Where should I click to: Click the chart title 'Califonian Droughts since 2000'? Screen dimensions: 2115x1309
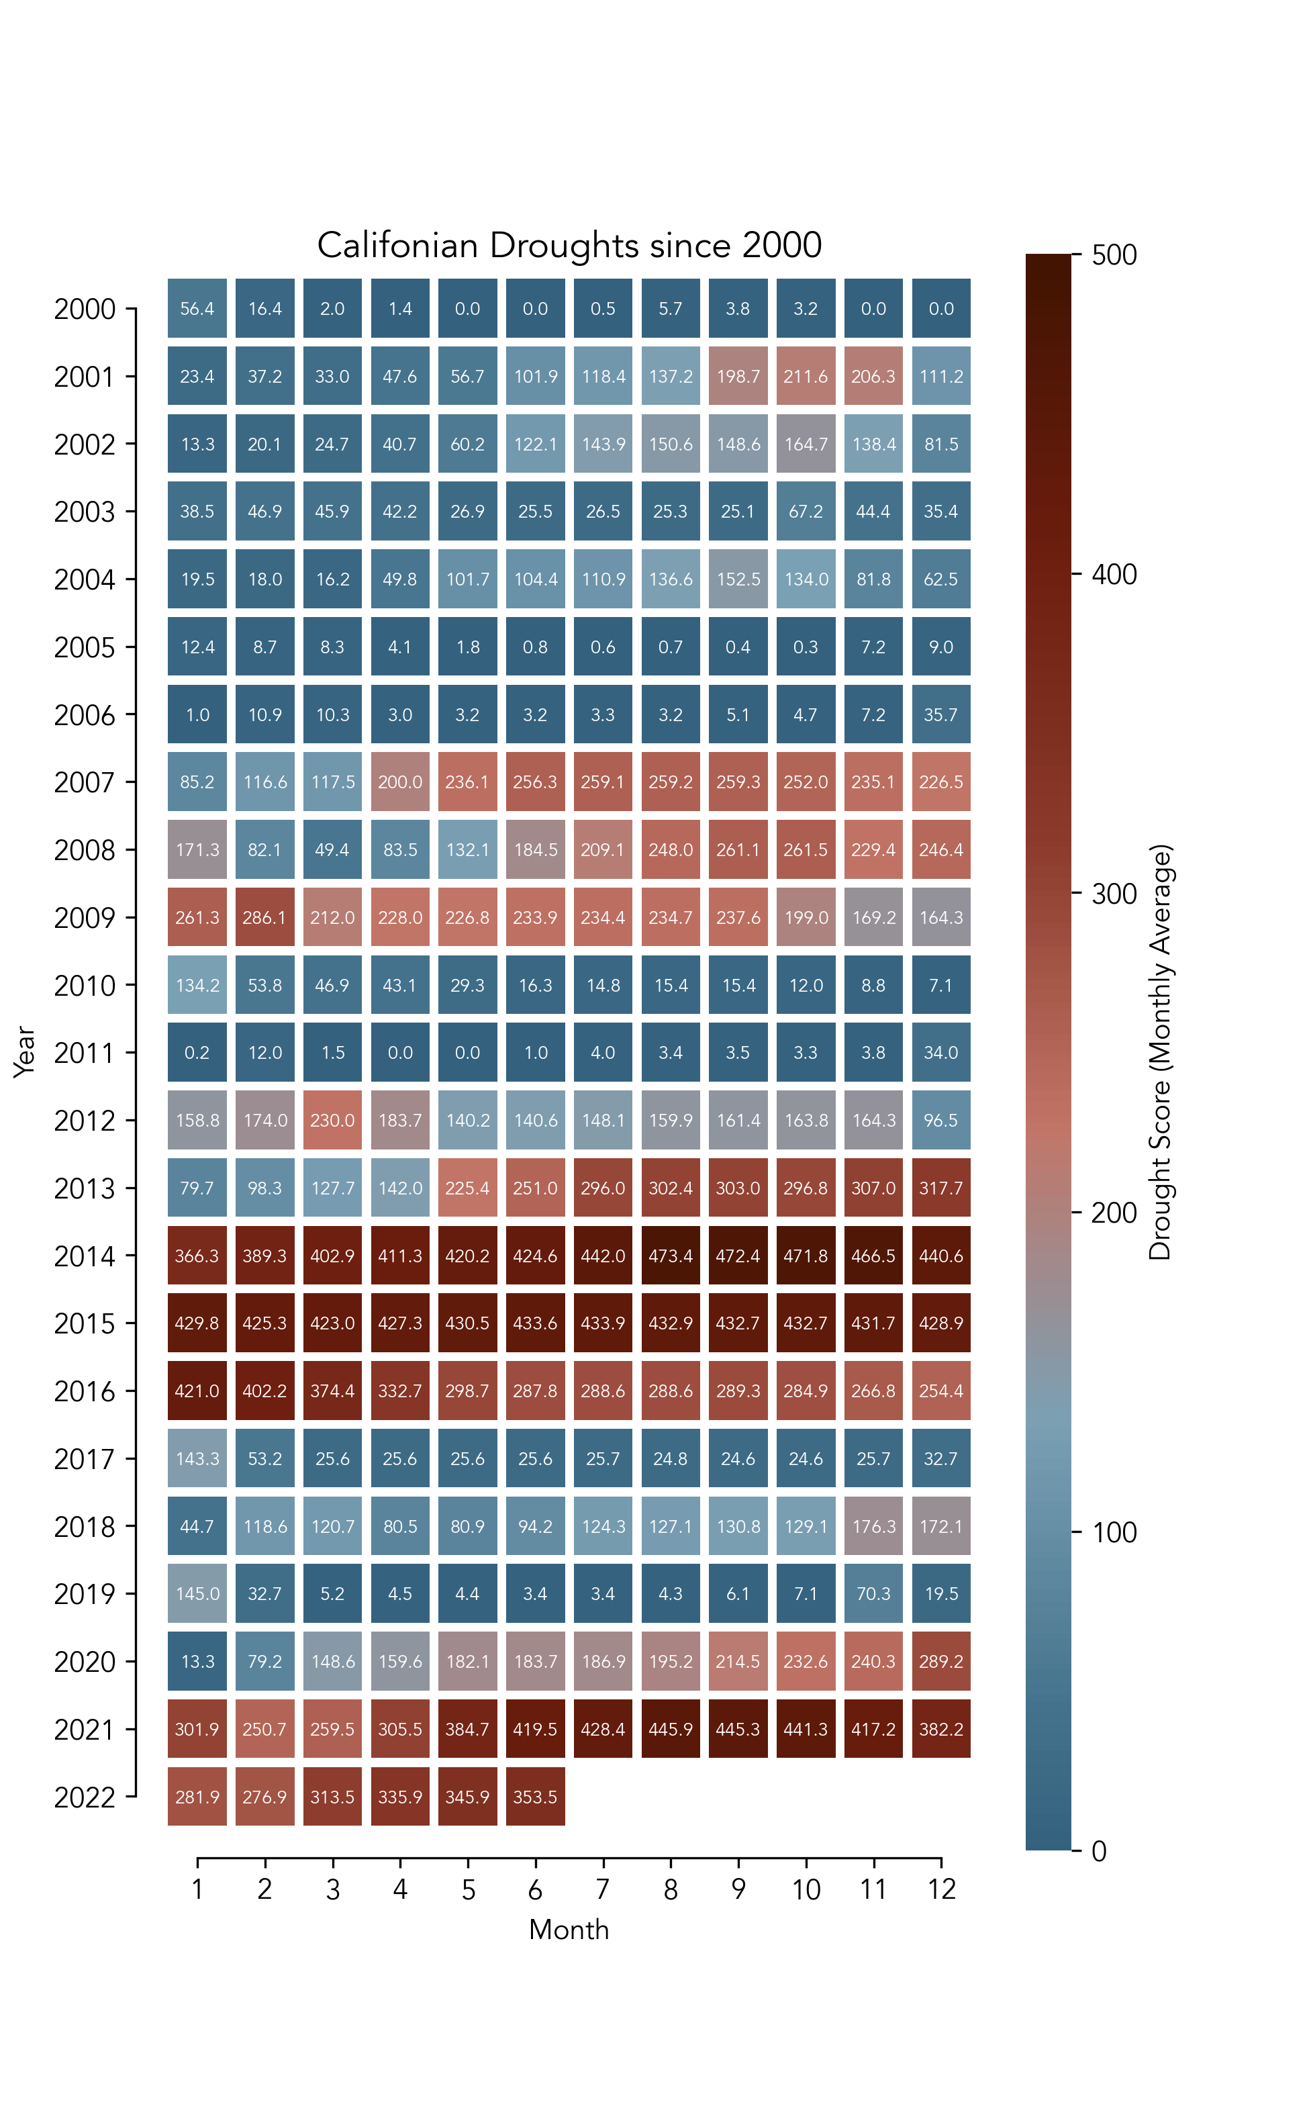[x=569, y=246]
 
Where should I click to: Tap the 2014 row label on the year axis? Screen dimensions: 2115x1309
[x=84, y=1256]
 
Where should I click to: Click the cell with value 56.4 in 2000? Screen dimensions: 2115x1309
[x=197, y=308]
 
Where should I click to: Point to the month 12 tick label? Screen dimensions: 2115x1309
[x=941, y=1889]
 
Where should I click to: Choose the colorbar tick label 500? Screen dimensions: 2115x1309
[x=1114, y=255]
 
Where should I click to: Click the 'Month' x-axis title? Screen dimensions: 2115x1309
[x=569, y=1930]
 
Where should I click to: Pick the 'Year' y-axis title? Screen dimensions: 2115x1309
[x=24, y=1052]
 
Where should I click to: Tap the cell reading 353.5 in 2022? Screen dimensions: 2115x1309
[x=535, y=1797]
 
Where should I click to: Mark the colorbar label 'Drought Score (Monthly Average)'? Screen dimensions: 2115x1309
[x=1159, y=1052]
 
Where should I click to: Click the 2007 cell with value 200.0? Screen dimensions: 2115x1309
[x=400, y=782]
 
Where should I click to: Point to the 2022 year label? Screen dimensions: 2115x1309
[x=84, y=1797]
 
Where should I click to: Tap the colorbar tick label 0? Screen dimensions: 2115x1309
[x=1099, y=1851]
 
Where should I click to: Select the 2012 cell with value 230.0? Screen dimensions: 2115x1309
[x=332, y=1120]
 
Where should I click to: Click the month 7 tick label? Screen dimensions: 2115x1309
[x=603, y=1889]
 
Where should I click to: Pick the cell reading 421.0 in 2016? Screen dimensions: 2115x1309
[x=197, y=1391]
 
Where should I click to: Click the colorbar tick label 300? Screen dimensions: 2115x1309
[x=1114, y=894]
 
